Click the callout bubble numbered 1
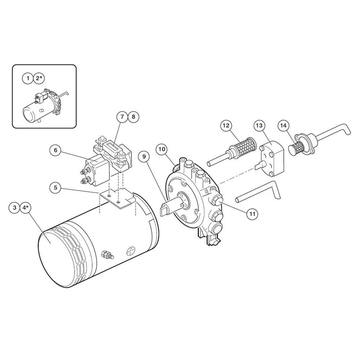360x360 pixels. pos(28,78)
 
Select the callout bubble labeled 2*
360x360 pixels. pos(39,78)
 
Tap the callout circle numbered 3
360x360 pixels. pos(15,208)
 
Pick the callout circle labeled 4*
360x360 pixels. pos(26,208)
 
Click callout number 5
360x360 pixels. pos(55,188)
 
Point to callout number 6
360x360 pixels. pos(55,150)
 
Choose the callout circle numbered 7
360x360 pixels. pos(122,117)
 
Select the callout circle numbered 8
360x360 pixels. pos(134,117)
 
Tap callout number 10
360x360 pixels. pos(162,149)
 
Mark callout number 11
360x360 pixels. pos(252,214)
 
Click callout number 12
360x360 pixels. pos(226,125)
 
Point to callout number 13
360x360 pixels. pos(259,125)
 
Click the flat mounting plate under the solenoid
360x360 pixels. pos(117,198)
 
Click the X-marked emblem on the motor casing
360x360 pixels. pos(131,251)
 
